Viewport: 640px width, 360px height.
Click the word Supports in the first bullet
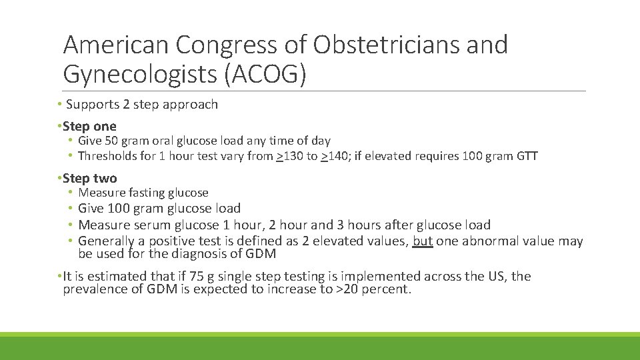(90, 105)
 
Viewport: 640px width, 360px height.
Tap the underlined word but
(423, 241)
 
